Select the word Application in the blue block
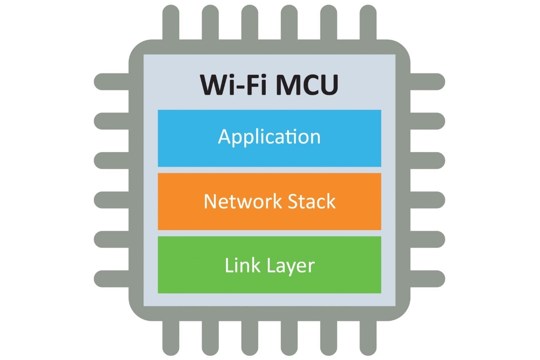coord(269,137)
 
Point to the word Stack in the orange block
coord(312,201)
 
